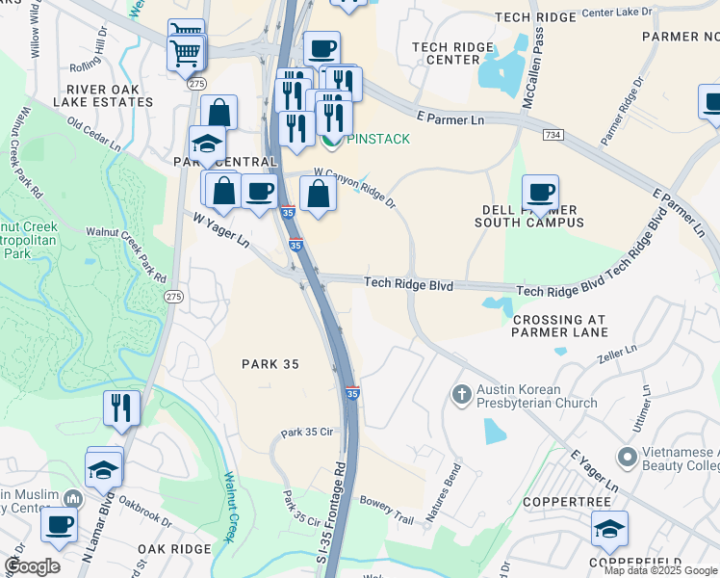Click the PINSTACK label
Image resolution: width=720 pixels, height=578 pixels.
[377, 139]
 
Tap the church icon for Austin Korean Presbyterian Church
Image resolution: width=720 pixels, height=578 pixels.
[462, 394]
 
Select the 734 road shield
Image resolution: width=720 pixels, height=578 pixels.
[552, 135]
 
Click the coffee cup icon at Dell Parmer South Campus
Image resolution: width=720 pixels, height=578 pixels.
[541, 192]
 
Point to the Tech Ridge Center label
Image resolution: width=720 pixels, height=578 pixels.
[446, 53]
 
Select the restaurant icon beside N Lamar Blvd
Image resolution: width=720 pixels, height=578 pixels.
[121, 407]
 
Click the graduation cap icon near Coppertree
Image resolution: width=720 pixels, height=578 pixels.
[609, 528]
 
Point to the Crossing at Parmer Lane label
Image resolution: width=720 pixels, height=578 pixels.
[560, 326]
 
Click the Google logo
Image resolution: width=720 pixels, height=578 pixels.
[32, 566]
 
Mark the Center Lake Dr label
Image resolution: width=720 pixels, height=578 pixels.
[619, 14]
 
